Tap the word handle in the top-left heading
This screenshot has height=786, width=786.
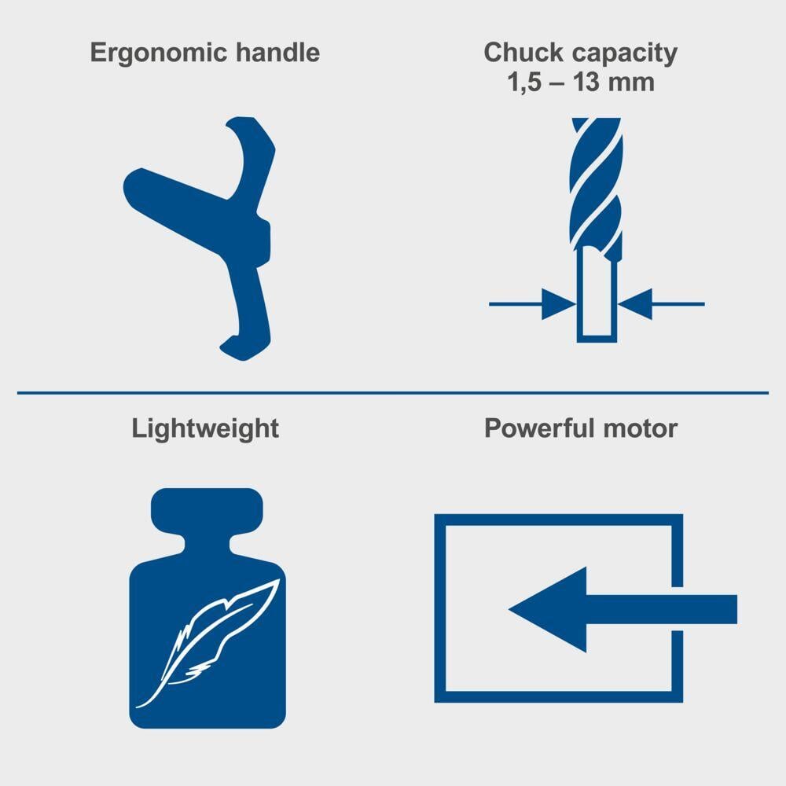[277, 52]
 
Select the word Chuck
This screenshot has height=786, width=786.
[523, 52]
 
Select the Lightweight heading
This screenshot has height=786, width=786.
[205, 429]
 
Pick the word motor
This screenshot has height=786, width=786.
[640, 429]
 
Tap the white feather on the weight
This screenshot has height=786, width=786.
[208, 643]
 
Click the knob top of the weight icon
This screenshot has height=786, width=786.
[207, 512]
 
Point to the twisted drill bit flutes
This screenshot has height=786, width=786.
[597, 183]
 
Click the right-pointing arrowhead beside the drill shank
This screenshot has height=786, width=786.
[559, 303]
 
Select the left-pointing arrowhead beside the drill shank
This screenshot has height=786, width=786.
[635, 303]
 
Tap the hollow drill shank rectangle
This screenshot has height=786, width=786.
[597, 296]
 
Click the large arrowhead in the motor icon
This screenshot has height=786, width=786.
[548, 609]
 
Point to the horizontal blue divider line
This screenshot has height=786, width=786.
[393, 393]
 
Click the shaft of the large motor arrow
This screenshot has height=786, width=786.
[662, 609]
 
